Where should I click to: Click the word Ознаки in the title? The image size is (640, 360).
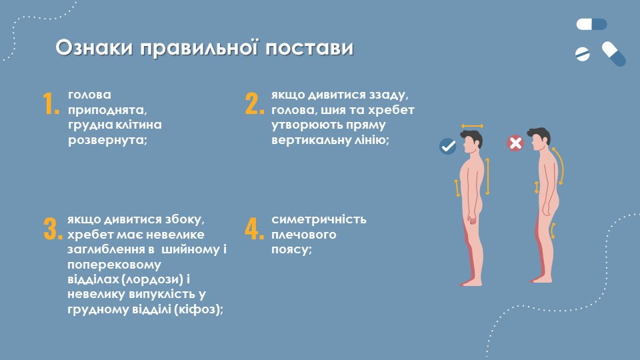pos(94,47)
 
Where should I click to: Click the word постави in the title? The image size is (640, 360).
pos(309,48)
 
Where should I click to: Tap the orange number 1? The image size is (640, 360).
pos(51,103)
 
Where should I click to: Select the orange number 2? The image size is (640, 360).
pos(255,103)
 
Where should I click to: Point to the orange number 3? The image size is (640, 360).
pos(53,229)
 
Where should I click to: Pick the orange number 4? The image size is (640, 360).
pos(255,229)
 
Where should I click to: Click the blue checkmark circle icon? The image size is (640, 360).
pos(448,146)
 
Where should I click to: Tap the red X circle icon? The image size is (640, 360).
pos(515,143)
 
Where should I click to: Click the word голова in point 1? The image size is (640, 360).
pos(89,95)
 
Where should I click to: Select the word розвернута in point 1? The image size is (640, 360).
pos(106,140)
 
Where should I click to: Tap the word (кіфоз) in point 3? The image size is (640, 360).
pos(197,309)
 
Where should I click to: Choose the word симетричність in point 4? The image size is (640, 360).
pos(319,219)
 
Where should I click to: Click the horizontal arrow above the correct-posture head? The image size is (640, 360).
pos(472,126)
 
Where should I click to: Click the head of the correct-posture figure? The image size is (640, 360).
pos(472,141)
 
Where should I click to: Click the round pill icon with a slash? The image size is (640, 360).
pos(583,54)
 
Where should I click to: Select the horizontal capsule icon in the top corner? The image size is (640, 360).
pos(591,25)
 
